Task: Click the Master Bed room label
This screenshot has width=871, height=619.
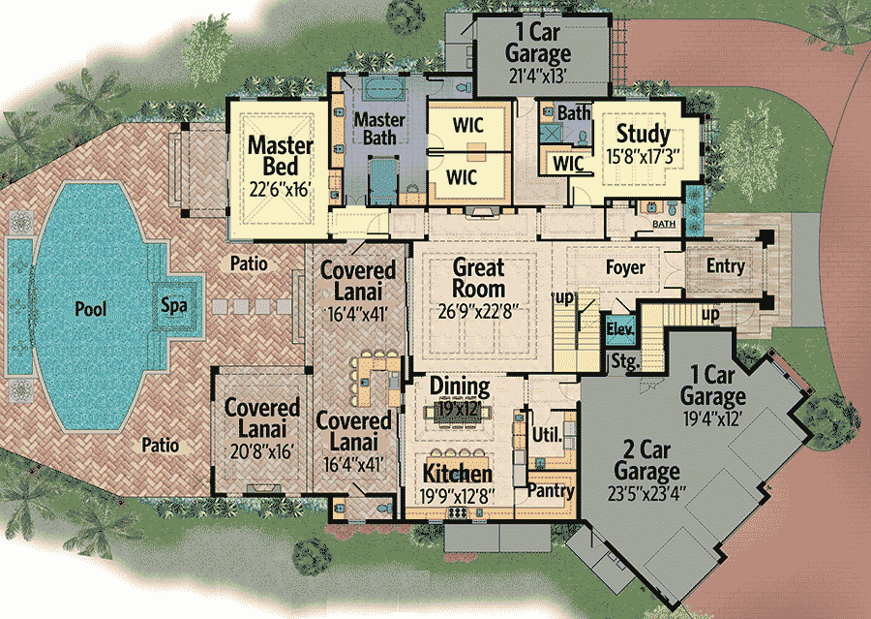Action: [281, 157]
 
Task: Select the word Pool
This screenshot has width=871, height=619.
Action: [92, 310]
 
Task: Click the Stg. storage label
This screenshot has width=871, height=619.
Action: [621, 361]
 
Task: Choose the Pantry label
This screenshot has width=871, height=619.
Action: [551, 490]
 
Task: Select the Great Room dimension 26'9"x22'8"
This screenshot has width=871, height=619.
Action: [479, 311]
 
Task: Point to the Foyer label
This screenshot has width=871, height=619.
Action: [625, 267]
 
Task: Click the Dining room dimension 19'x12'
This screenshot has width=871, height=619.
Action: [461, 409]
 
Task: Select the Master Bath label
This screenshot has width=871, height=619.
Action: [379, 129]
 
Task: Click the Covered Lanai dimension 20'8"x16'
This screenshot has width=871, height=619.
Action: [261, 449]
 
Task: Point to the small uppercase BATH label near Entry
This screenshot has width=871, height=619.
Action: [663, 224]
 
